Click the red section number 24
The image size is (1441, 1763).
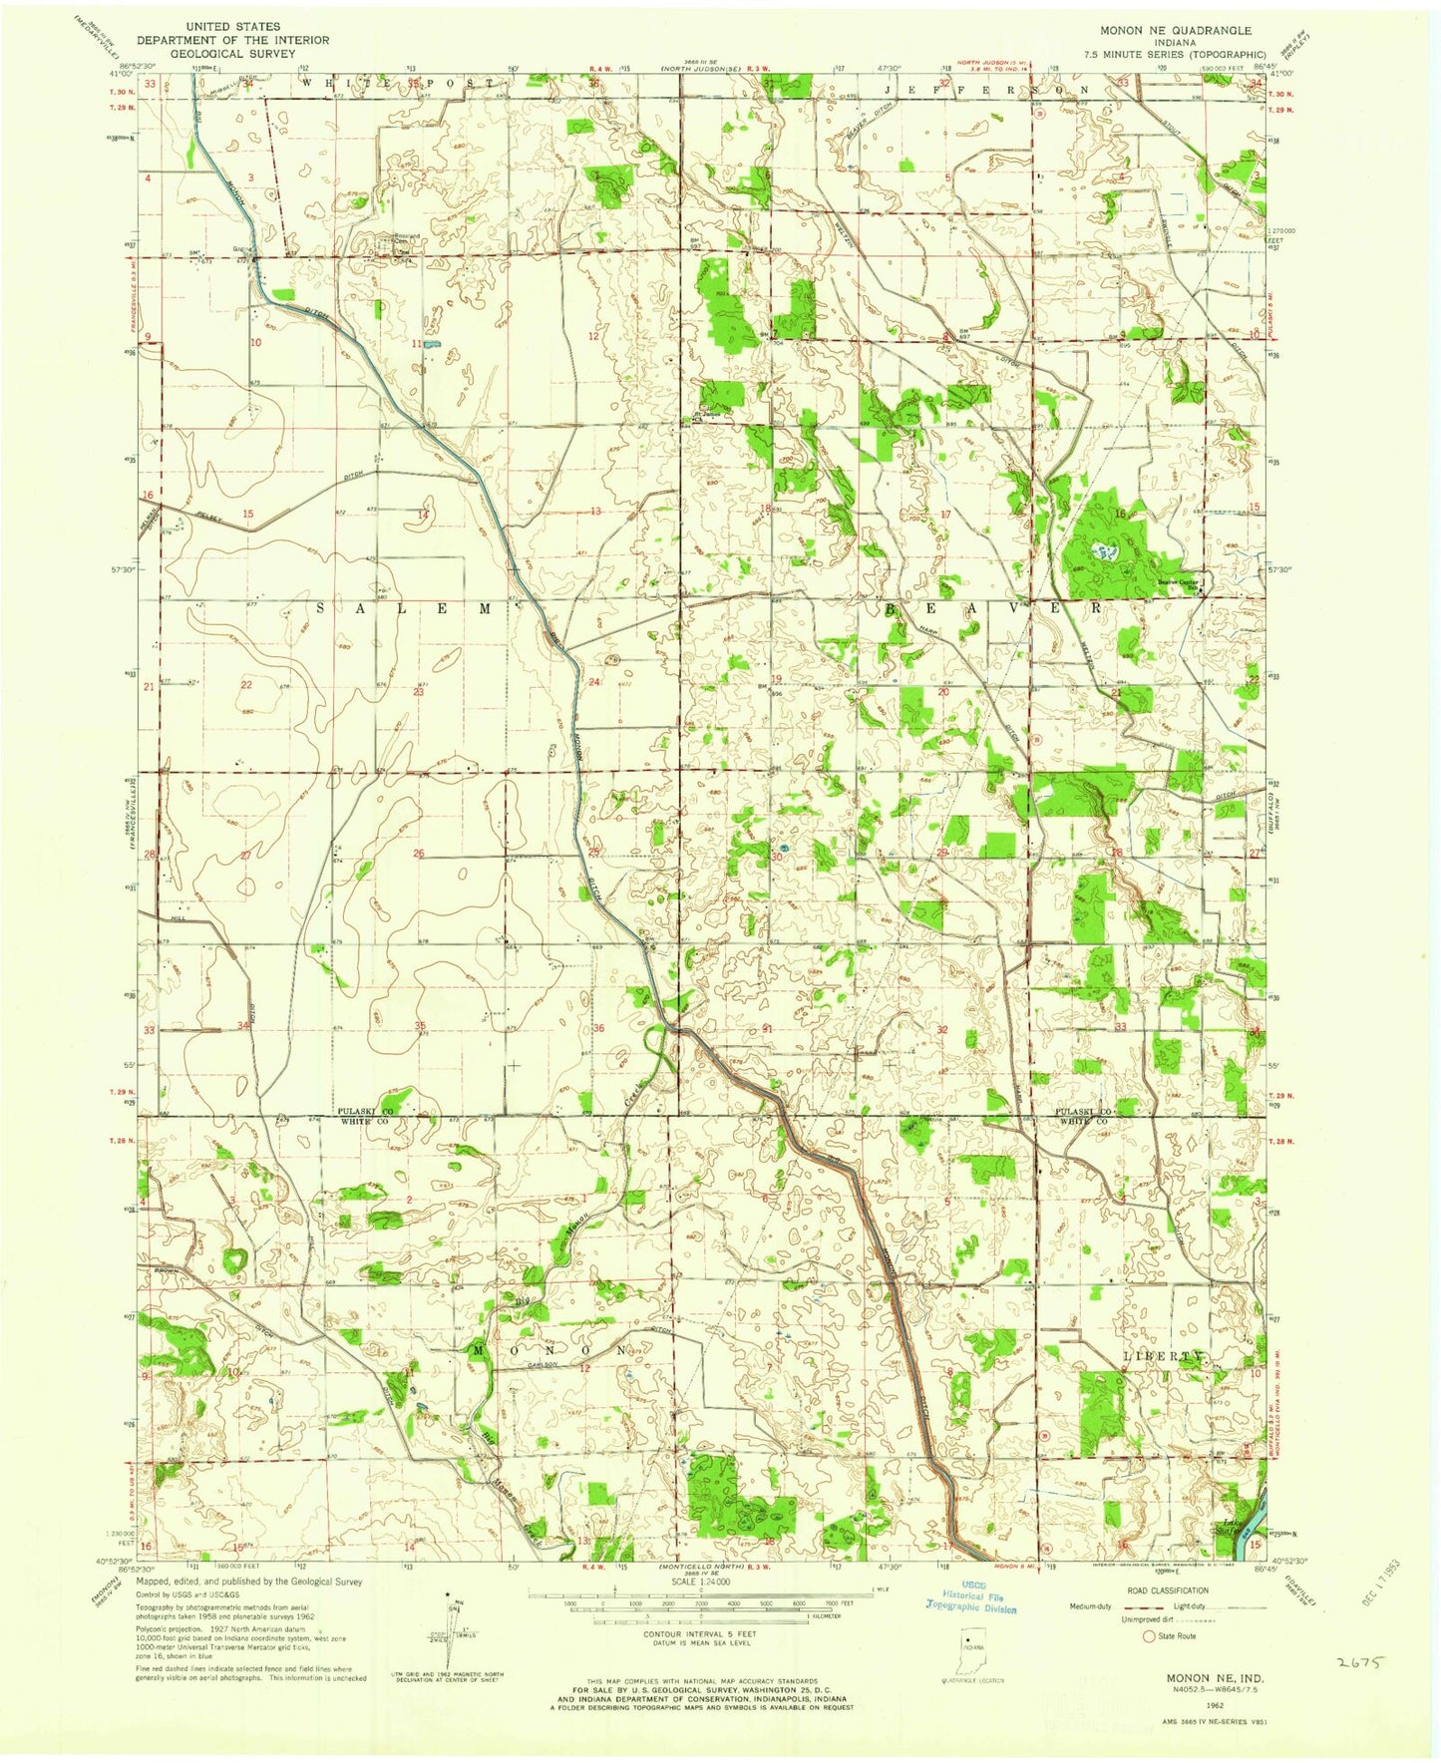594,682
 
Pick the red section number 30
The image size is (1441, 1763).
776,855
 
